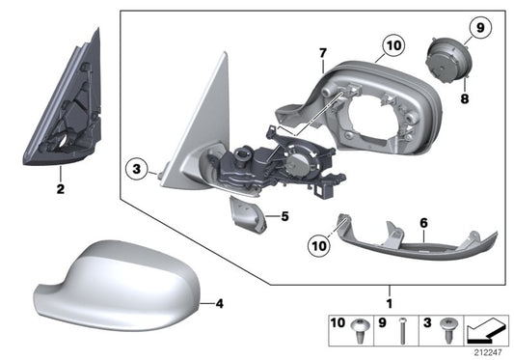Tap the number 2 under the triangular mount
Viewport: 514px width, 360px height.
60,189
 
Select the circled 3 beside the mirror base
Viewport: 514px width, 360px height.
137,172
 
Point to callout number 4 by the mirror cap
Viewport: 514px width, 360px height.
219,304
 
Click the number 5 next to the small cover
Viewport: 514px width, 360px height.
284,216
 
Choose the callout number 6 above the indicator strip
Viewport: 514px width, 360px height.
422,223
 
